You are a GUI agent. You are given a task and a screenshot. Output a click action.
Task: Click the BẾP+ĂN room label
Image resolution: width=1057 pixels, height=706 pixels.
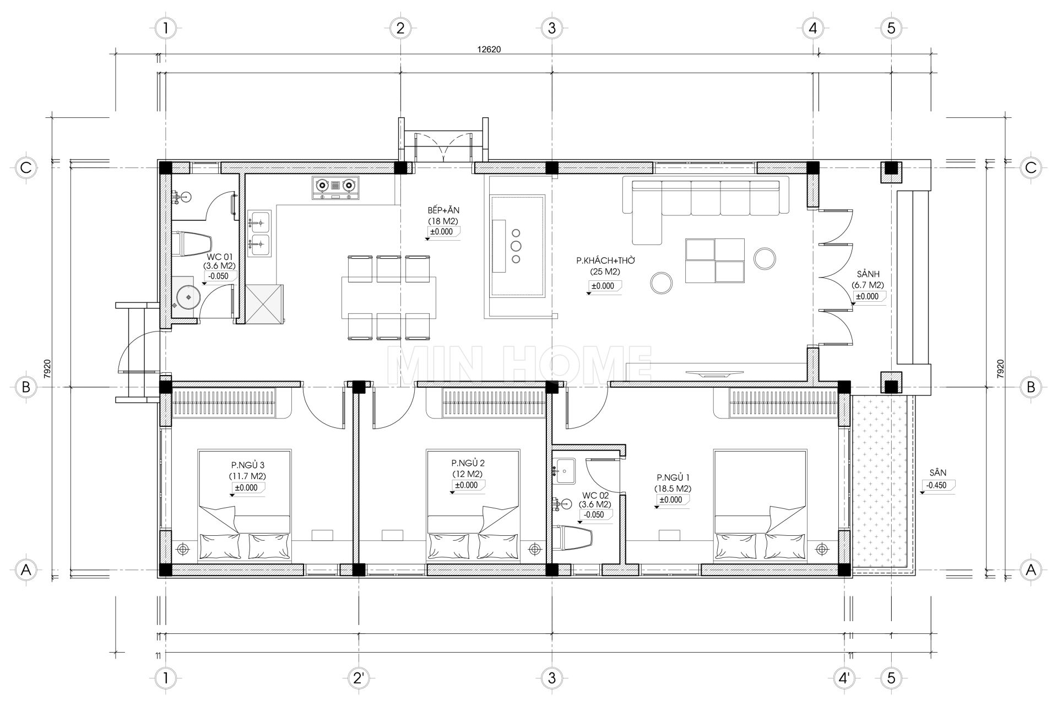point(443,210)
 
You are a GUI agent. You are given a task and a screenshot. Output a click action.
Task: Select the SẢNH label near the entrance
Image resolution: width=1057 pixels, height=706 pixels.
point(868,274)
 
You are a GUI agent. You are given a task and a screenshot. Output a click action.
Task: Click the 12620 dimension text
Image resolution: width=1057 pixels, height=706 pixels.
point(489,49)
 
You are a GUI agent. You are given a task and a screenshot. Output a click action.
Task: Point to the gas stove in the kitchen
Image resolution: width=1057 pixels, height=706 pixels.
point(335,187)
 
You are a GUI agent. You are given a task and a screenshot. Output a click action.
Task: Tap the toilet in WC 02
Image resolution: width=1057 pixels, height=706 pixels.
point(573,538)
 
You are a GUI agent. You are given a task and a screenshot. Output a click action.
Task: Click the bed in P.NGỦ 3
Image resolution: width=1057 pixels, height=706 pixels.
point(245,506)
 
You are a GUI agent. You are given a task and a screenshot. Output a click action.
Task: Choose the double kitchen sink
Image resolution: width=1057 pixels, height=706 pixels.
point(258,233)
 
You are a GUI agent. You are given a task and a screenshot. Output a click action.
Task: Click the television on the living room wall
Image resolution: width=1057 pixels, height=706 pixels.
point(709,373)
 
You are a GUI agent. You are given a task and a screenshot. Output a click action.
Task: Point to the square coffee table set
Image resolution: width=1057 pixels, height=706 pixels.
point(714,260)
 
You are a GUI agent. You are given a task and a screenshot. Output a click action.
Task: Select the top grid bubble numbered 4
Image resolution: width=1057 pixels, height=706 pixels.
point(813,28)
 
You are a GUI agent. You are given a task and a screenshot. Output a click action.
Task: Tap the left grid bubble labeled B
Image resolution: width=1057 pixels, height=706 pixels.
point(25,387)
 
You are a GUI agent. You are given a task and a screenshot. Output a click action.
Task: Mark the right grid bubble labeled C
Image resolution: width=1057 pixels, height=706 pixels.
point(1031,167)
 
